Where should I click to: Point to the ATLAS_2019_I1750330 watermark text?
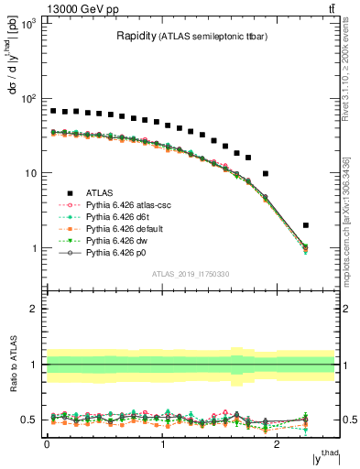coord(191,274)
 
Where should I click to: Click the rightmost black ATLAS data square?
coord(306,225)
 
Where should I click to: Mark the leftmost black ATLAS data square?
coord(53,111)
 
